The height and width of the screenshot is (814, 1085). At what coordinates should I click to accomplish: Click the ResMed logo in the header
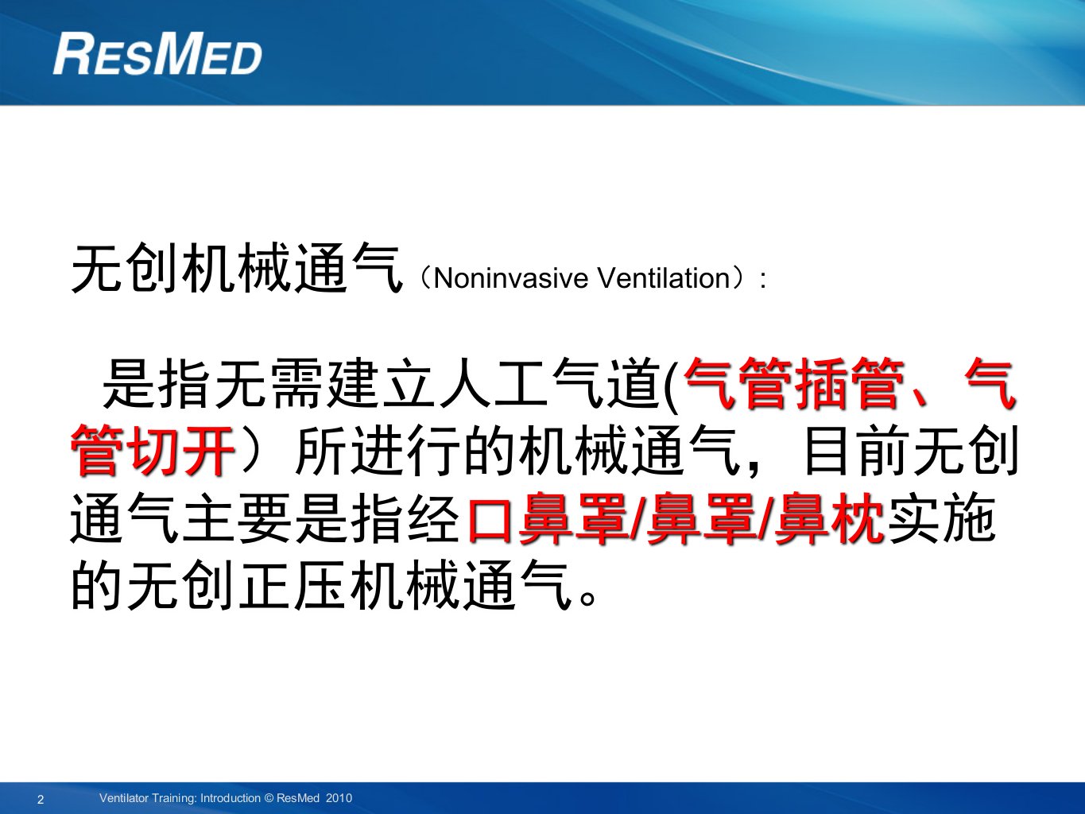[157, 53]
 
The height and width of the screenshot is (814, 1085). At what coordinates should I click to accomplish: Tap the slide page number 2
[41, 799]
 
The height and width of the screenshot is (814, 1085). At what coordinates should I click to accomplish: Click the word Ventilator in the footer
[123, 797]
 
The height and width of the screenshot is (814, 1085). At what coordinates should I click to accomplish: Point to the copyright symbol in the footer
[269, 797]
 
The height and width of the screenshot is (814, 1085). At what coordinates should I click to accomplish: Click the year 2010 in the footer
[339, 797]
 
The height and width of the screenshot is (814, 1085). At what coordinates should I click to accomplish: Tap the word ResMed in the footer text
[298, 797]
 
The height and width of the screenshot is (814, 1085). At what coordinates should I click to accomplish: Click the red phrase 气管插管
[795, 383]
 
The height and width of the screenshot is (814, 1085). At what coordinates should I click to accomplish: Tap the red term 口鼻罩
[547, 518]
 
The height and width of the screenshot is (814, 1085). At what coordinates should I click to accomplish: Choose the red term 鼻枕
[828, 518]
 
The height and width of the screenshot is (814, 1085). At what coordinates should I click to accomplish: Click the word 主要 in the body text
[236, 518]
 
